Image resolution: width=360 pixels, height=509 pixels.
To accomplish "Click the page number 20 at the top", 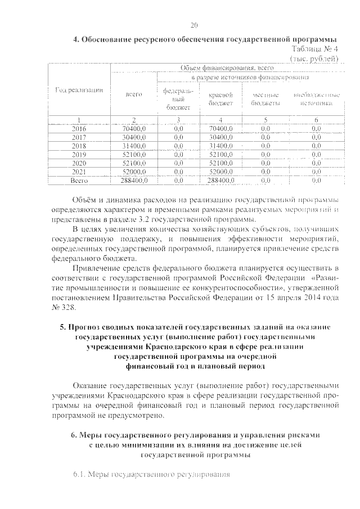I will (195, 25).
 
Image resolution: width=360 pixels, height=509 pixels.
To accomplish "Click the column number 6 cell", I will (316, 119).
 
